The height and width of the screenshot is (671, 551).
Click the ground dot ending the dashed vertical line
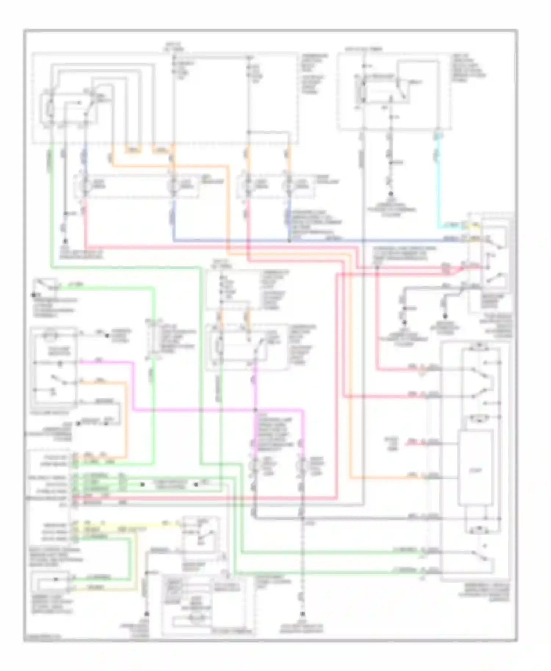pos(303,614)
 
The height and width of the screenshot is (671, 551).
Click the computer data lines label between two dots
pos(169,485)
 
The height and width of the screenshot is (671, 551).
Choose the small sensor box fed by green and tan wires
pos(51,582)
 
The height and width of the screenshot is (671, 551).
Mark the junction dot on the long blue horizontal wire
pos(289,241)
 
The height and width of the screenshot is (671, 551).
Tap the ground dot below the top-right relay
pos(391,194)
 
